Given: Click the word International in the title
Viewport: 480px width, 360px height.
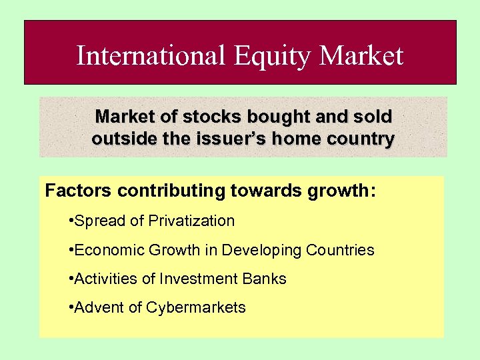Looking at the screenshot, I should tap(151, 55).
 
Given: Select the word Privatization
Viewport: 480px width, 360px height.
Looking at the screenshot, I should tap(192, 221).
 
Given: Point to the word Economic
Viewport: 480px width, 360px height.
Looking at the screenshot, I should tap(104, 250).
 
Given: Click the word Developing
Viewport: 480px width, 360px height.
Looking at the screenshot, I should tap(262, 251).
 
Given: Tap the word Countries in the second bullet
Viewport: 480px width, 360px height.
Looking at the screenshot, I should tap(341, 250).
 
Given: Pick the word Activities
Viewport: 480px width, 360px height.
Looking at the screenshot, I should tap(106, 279).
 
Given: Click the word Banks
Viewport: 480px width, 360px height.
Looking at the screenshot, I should tap(264, 279).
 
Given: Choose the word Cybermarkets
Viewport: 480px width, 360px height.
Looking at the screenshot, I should tap(196, 308).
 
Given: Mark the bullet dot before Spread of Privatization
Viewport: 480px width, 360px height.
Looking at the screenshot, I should tap(71, 221).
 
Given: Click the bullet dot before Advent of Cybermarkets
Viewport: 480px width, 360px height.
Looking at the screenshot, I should tap(71, 307).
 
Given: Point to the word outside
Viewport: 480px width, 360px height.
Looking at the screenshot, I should tap(119, 139).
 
